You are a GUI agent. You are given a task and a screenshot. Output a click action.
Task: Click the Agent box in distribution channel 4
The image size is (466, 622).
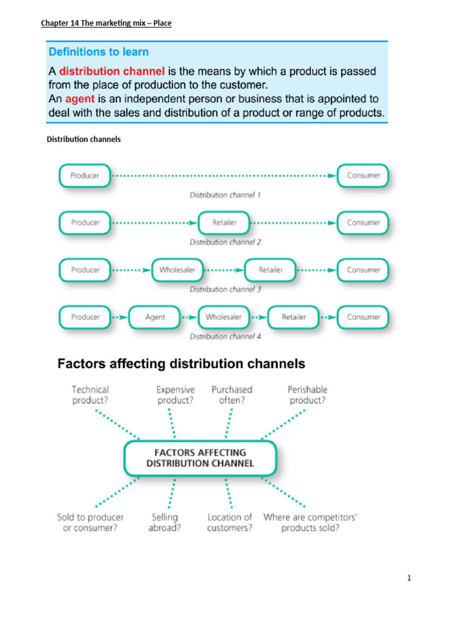click(x=155, y=317)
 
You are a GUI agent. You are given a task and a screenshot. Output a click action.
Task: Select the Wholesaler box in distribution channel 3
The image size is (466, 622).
click(x=177, y=270)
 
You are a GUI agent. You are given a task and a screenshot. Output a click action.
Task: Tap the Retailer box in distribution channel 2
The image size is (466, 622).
click(x=225, y=222)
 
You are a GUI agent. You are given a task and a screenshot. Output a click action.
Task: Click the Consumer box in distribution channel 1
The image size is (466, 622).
click(x=363, y=176)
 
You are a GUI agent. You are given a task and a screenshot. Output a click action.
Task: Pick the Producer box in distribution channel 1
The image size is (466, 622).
click(x=85, y=176)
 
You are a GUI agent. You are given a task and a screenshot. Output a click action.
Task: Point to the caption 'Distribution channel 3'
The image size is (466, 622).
click(x=225, y=290)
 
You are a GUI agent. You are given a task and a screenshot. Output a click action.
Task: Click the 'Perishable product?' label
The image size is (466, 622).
click(x=307, y=395)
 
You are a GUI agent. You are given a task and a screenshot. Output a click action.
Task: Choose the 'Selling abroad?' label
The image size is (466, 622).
click(x=164, y=522)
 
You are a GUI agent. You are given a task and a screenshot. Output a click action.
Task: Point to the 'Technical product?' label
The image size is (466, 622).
click(x=90, y=395)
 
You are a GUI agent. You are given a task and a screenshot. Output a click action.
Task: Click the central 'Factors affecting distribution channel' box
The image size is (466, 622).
click(x=200, y=457)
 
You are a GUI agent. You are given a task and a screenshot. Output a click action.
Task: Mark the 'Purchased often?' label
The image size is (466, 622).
click(x=232, y=395)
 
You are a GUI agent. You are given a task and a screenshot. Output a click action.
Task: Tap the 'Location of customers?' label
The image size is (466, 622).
click(x=229, y=522)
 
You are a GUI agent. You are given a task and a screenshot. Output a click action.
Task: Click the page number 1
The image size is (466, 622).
click(x=410, y=578)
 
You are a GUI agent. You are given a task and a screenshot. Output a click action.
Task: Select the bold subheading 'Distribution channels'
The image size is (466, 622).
click(x=84, y=139)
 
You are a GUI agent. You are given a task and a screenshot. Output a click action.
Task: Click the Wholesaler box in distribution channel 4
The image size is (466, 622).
click(x=223, y=317)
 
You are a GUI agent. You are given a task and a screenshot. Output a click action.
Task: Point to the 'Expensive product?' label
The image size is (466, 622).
click(x=176, y=395)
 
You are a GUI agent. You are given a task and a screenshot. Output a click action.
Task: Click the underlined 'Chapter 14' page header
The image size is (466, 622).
click(x=106, y=24)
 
